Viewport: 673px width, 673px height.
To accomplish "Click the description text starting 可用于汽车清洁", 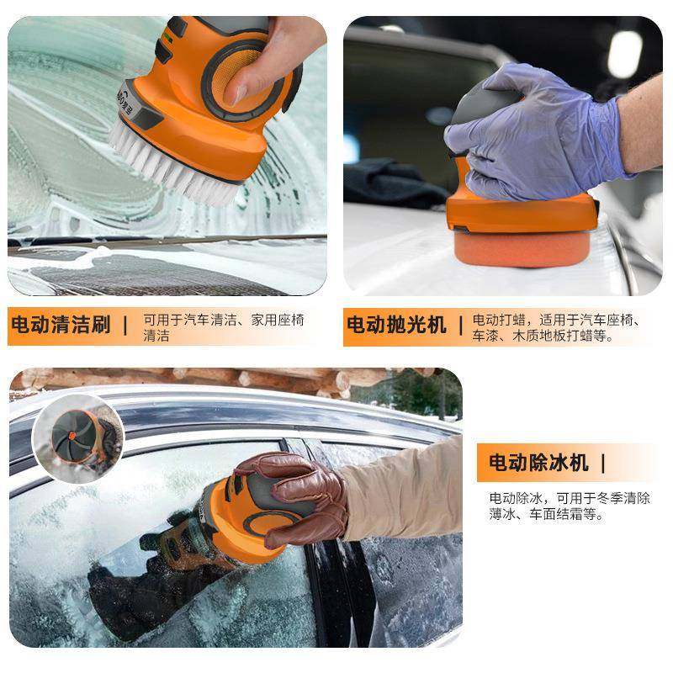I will [223, 327].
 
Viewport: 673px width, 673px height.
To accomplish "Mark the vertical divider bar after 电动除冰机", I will [602, 463].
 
